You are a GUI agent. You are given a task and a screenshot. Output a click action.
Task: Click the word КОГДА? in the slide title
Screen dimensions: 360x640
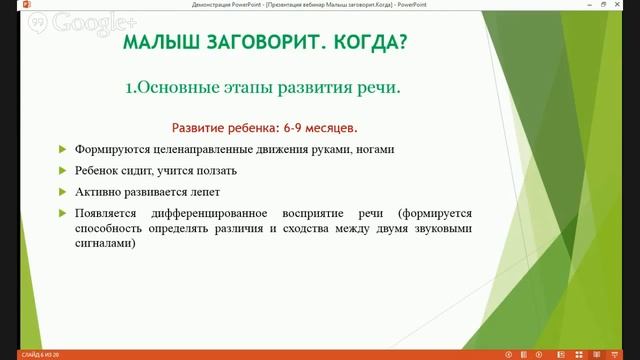(x=370, y=46)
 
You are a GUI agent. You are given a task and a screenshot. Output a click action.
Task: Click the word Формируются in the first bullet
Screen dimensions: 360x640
(x=111, y=149)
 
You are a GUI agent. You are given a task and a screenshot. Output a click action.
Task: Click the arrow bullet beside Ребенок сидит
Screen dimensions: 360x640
(x=62, y=171)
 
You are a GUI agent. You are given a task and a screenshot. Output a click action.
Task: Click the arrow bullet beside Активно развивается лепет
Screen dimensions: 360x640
(x=62, y=192)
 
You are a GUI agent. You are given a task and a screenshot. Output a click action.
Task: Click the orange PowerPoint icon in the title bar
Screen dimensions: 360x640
(x=7, y=5)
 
